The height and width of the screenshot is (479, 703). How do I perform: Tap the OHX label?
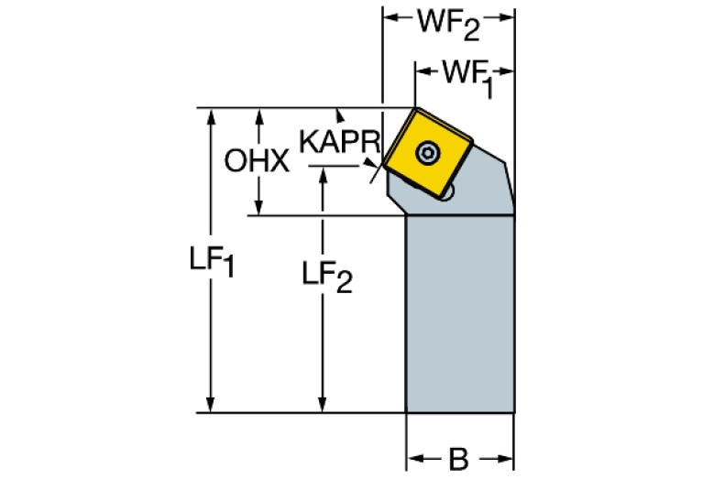coord(257,162)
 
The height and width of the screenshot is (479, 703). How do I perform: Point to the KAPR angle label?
coord(340,143)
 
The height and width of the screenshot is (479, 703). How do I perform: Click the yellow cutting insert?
coord(428,152)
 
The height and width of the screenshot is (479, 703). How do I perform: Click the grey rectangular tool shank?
coord(458,311)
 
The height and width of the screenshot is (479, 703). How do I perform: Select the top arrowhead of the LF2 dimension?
coord(323,175)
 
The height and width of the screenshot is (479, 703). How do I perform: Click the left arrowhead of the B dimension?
coord(413,455)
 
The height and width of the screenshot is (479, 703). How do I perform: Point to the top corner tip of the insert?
coord(413,109)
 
